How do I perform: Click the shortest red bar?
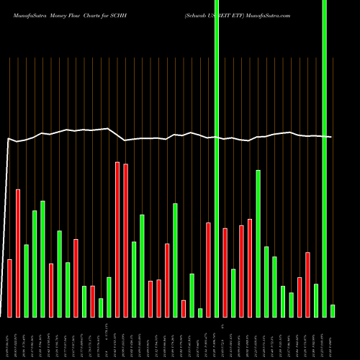[x=184, y=308]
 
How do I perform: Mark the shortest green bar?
[x=200, y=312]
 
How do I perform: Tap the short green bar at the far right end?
[x=333, y=310]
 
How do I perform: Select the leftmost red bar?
[x=10, y=288]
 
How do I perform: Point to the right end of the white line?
[x=331, y=137]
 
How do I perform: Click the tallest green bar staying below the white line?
[x=258, y=243]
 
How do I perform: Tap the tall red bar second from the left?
[x=18, y=253]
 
